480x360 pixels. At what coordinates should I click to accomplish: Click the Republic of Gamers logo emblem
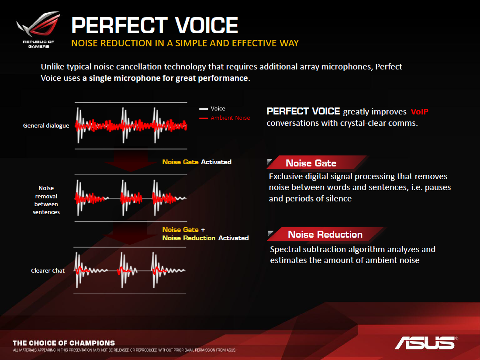pos(38,24)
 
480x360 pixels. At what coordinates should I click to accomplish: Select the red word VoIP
pos(419,112)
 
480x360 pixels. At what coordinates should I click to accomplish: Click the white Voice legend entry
pos(212,109)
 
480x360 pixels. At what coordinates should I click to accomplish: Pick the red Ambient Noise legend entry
pos(224,118)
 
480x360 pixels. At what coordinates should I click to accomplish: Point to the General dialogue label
pos(46,125)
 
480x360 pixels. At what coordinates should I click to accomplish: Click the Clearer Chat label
pos(48,270)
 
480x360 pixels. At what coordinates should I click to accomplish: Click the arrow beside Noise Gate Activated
pos(131,161)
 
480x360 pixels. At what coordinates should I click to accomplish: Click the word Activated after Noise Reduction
pos(234,238)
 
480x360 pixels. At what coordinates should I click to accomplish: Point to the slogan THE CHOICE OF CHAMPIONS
pos(64,343)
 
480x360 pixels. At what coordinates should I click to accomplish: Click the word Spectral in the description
pos(285,249)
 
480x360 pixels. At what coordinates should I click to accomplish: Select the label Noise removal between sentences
pos(46,200)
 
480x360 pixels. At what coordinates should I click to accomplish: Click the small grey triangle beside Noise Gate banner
pos(269,161)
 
